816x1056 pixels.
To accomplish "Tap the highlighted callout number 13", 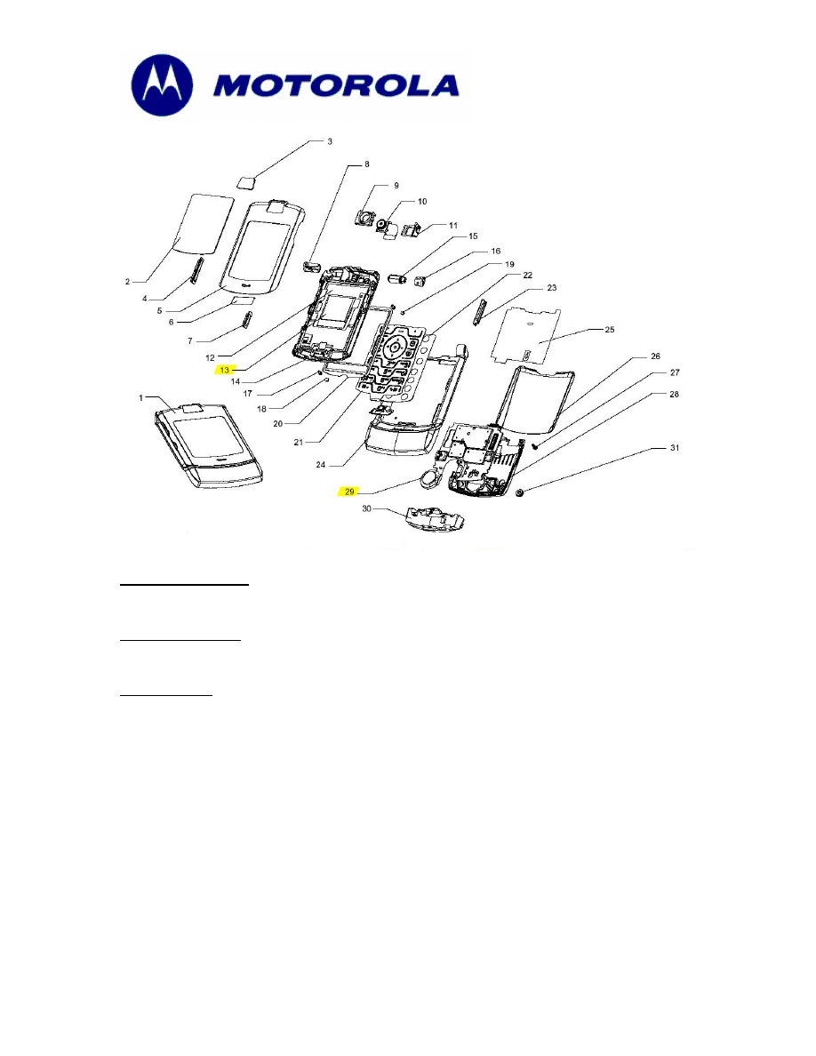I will [225, 369].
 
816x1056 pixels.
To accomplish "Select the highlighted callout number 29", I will [351, 491].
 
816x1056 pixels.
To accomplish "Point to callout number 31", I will [675, 448].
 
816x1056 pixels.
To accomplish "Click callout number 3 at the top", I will [329, 141].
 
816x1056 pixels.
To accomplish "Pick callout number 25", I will [609, 330].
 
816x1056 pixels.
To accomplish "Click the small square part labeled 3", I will [247, 181].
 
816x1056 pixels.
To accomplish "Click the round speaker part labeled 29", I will [431, 481].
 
